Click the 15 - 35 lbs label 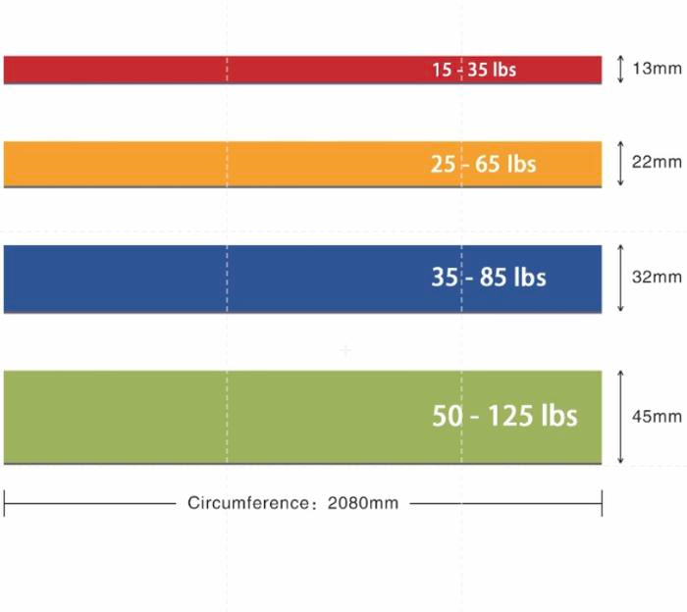pos(474,71)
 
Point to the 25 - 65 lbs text pos(484,164)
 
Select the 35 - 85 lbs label pos(488,278)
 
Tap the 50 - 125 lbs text pos(504,415)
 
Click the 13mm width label pos(657,70)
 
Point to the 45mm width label pos(657,416)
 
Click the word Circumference pos(247,503)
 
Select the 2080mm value pos(363,503)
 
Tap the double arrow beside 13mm pos(620,70)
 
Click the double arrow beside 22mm pos(620,164)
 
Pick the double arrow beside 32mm pos(620,279)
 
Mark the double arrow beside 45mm pos(620,416)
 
